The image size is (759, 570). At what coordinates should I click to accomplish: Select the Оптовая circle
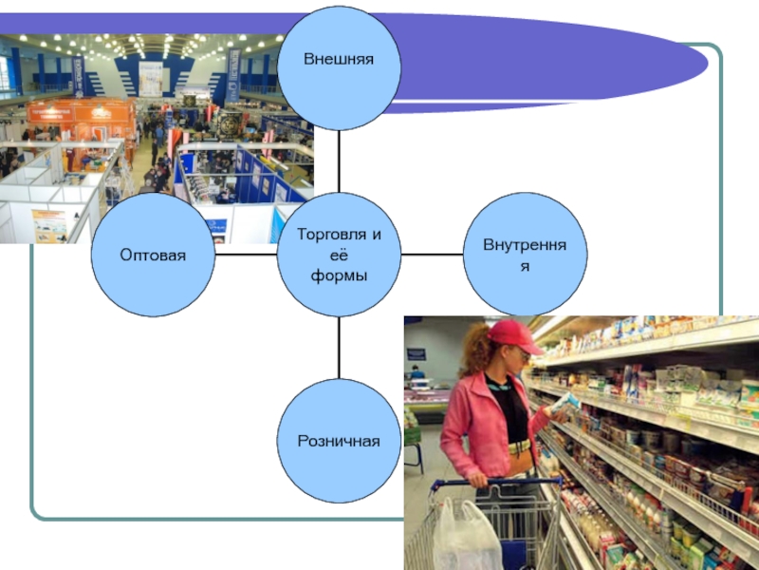[153, 255]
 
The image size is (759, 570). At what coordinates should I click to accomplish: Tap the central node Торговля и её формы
[339, 255]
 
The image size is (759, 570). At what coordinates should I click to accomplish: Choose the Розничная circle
[339, 441]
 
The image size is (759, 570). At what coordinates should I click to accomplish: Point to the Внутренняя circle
[525, 255]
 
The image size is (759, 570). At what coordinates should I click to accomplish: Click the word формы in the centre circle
[339, 275]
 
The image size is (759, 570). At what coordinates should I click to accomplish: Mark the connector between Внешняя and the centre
[339, 161]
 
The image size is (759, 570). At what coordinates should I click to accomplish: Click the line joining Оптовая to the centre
[246, 255]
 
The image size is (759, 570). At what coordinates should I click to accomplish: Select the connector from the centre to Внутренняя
[432, 255]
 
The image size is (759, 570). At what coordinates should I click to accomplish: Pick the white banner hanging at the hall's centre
[152, 76]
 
